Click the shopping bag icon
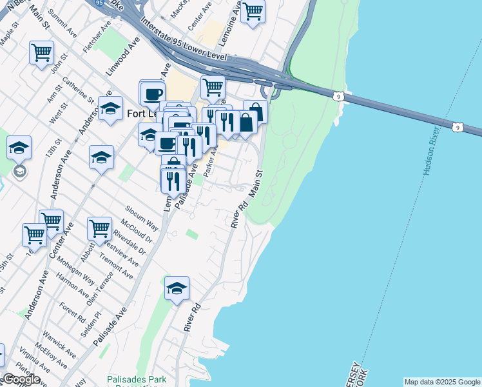(255, 111)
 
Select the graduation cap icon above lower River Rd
(176, 288)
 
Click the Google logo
(21, 379)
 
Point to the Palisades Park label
(137, 379)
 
